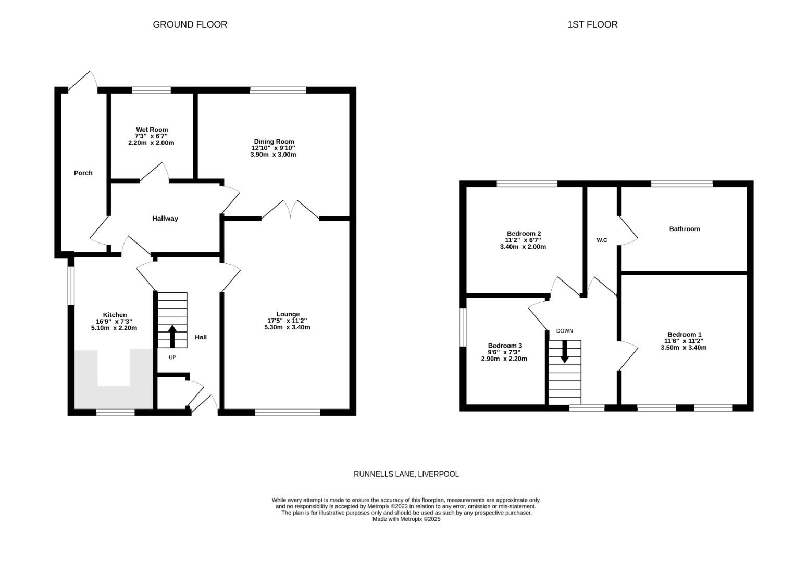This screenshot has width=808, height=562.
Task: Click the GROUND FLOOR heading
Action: (x=190, y=24)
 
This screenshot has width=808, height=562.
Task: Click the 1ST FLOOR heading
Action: (x=592, y=24)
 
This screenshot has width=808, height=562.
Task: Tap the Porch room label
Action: (x=83, y=173)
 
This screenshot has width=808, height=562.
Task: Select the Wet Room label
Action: (x=152, y=130)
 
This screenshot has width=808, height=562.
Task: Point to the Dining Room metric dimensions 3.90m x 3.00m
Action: (x=274, y=155)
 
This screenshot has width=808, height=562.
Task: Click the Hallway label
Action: (x=165, y=219)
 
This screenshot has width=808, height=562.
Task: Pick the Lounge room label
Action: (x=288, y=314)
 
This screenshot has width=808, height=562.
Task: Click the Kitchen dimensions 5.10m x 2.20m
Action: (x=114, y=328)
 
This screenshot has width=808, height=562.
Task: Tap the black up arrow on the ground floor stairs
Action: (x=172, y=336)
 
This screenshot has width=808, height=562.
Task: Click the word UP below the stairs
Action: (x=172, y=357)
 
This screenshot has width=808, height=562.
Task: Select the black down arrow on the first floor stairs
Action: (x=564, y=352)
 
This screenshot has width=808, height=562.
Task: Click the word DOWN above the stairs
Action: (x=564, y=330)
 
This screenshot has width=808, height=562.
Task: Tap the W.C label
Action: (x=602, y=240)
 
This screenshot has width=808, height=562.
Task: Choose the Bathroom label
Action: (x=684, y=229)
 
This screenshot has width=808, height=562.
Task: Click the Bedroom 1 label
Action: (x=684, y=334)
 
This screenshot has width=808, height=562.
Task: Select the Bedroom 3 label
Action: (x=505, y=346)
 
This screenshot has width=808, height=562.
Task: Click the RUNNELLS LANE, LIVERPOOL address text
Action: (x=406, y=474)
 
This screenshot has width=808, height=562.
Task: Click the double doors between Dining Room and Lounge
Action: (x=290, y=211)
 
